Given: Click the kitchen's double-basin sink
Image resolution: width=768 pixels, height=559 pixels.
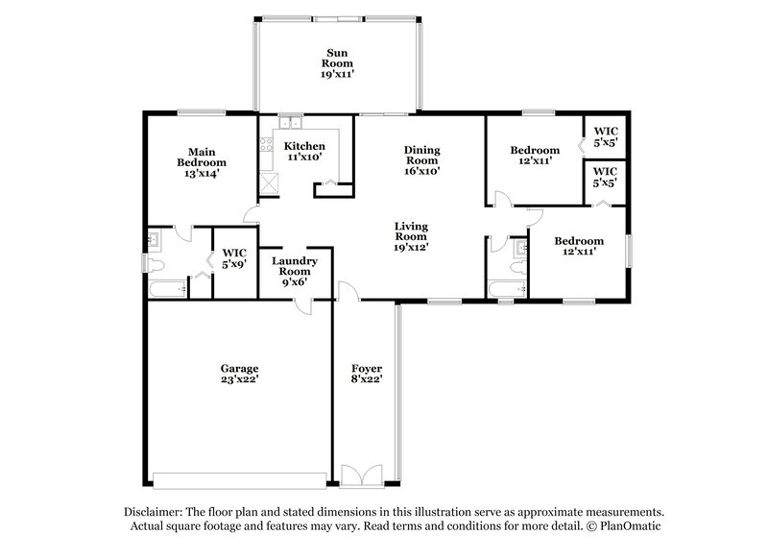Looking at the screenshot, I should point(291,123).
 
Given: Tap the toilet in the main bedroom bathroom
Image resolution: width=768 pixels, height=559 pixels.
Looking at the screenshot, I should point(156,262).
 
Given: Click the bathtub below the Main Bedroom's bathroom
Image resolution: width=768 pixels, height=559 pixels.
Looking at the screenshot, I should point(166,288).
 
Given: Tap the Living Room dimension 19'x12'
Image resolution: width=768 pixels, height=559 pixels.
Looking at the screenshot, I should point(410,247).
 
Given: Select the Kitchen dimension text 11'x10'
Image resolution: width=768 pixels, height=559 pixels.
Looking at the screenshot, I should point(303,157).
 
